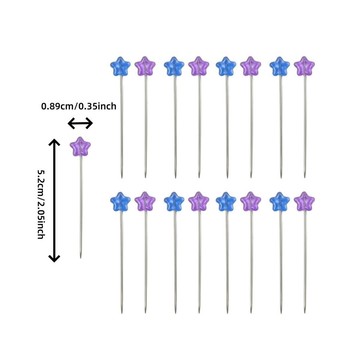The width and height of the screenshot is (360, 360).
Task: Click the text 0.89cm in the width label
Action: coord(55,107)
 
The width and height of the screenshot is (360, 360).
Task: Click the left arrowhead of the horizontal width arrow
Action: coord(71,124)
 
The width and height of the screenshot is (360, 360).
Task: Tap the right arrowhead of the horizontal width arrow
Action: coord(89,124)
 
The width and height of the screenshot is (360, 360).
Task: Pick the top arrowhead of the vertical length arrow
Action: coord(54,142)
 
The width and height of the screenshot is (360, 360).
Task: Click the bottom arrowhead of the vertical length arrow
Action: coord(54,258)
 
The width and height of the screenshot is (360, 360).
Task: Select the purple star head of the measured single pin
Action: coord(80,147)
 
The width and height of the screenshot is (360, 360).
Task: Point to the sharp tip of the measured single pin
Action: coord(80,258)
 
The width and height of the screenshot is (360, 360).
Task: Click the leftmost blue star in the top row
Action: coord(121,67)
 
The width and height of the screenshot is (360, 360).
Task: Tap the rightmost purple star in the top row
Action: coord(304,66)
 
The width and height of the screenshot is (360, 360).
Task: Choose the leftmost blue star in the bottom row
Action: coord(121,202)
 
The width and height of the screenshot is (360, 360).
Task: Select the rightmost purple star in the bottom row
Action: coord(304,202)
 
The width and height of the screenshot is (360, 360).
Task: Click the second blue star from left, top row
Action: coord(174,67)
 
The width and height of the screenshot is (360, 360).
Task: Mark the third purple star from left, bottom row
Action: coord(251,202)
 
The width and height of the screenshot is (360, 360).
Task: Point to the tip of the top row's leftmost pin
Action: coord(121,177)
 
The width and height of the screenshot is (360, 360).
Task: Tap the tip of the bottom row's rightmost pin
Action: coord(305,312)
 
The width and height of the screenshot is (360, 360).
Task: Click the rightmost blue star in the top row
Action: coord(280,67)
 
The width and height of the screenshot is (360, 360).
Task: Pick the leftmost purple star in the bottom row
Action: coord(145,202)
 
